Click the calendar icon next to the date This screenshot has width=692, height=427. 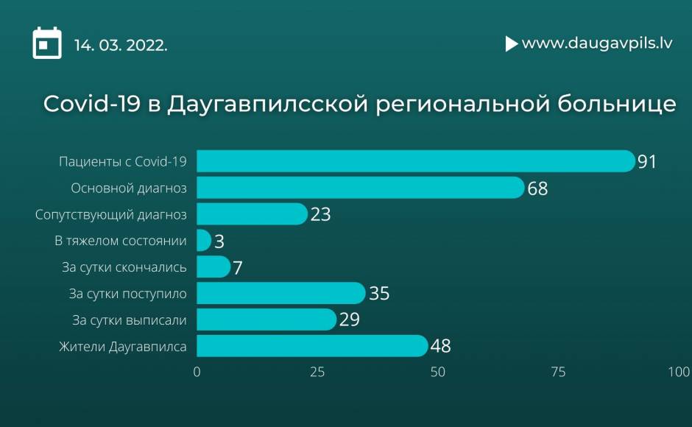click(47, 43)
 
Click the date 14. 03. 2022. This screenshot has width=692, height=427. click(121, 45)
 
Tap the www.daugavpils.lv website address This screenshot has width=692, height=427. click(597, 43)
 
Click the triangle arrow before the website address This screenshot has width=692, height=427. click(511, 43)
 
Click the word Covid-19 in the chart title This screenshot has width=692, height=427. click(92, 103)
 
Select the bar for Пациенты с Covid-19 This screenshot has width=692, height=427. click(416, 161)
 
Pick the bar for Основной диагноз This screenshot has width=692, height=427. click(361, 188)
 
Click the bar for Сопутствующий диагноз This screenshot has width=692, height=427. click(252, 213)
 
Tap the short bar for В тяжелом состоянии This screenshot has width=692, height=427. click(204, 240)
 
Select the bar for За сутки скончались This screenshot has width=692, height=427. click(213, 267)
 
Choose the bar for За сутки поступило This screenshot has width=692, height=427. click(281, 293)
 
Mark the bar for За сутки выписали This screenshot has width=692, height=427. click(266, 320)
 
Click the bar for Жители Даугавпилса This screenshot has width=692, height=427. click(312, 346)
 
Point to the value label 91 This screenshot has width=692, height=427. click(647, 162)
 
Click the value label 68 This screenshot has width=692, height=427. click(537, 188)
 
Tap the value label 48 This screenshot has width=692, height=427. click(440, 346)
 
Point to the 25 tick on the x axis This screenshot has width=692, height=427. click(317, 373)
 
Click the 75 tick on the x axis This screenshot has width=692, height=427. click(558, 373)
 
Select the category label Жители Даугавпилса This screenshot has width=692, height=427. click(123, 347)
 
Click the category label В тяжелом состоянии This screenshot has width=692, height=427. click(121, 241)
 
